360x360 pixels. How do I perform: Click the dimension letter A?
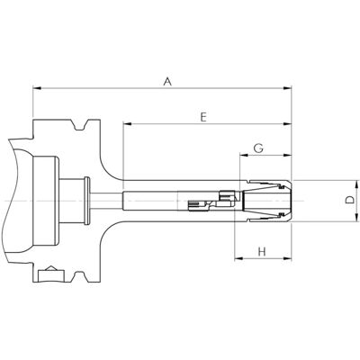click(167, 81)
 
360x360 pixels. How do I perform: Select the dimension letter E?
click(203, 117)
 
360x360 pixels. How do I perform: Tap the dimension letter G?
click(258, 148)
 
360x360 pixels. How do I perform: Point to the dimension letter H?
click(262, 251)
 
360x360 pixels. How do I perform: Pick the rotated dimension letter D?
click(349, 200)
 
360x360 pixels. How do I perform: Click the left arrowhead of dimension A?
click(37, 88)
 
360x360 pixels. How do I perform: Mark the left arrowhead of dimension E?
click(127, 123)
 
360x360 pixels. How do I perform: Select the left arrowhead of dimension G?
click(244, 155)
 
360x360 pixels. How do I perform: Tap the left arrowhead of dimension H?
click(238, 258)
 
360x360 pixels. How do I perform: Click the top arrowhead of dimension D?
click(357, 184)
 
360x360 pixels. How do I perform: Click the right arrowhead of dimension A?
click(287, 88)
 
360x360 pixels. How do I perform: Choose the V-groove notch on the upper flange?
click(80, 125)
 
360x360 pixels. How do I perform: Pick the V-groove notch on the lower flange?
click(80, 277)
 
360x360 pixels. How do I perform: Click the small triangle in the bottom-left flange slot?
click(51, 268)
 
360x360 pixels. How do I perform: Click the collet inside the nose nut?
click(263, 201)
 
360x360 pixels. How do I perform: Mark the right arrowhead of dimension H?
click(287, 258)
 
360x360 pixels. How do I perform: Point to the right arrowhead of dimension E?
click(287, 123)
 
